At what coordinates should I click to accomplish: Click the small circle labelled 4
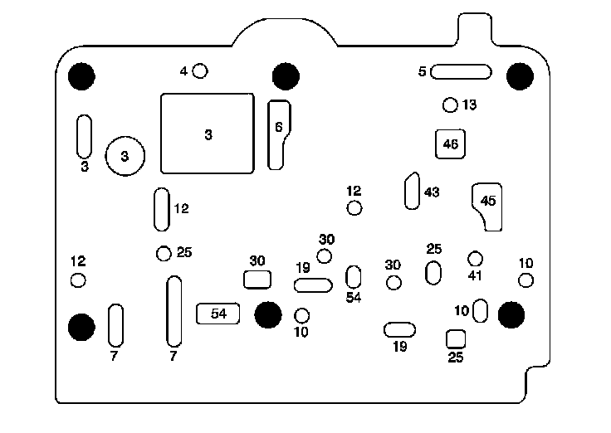coord(199,71)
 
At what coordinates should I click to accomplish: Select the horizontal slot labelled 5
coord(461,72)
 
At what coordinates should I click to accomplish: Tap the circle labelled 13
coord(451,105)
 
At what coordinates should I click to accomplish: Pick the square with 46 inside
coord(451,144)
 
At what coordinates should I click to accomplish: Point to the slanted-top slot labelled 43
coord(411,192)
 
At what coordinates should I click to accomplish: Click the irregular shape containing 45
coord(488,204)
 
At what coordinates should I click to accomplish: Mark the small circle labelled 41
coord(475,259)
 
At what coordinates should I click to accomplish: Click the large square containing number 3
coord(208,134)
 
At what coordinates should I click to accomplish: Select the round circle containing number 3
coord(125,155)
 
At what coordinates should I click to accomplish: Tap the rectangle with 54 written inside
coord(218,314)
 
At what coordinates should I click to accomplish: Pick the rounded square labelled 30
coord(257,280)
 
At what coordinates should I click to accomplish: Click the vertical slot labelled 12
coord(162,209)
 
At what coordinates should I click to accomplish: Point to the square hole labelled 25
coord(456,338)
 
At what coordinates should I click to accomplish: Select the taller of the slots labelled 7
coord(174,311)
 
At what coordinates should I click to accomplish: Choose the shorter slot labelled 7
coord(115,325)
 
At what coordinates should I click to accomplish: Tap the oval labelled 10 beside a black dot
coord(481,311)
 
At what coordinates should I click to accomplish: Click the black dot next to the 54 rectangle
coord(267,314)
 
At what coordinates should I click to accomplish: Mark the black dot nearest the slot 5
coord(520,76)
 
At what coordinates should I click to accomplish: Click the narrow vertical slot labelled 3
coord(84,137)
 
